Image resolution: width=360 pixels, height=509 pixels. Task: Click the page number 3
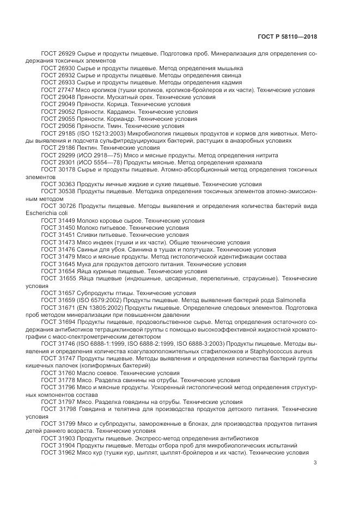pyautogui.click(x=316, y=463)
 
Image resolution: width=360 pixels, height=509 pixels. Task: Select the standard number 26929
pyautogui.click(x=66, y=54)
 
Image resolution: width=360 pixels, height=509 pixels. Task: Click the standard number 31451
pyautogui.click(x=66, y=235)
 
